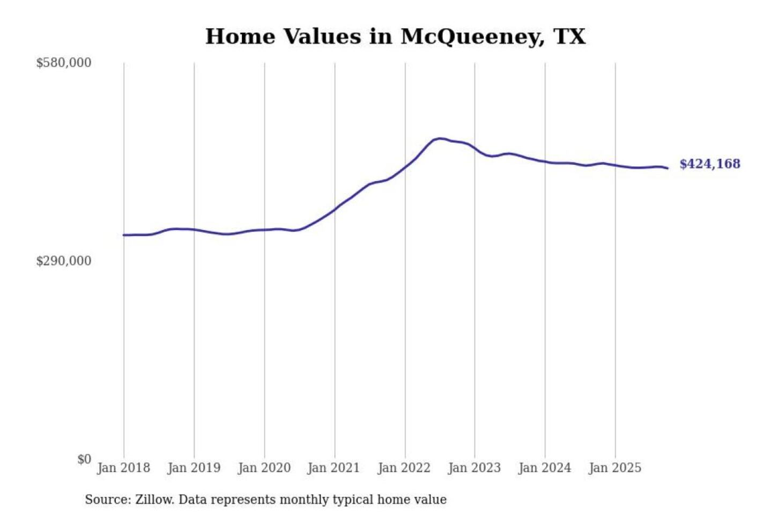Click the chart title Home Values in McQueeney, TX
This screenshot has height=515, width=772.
tap(395, 36)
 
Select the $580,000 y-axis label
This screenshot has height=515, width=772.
tap(64, 63)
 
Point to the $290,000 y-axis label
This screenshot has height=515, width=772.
tap(64, 261)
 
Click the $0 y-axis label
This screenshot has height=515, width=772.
tap(84, 459)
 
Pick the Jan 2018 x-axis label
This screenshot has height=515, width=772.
tap(124, 468)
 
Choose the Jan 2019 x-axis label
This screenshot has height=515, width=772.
tap(194, 468)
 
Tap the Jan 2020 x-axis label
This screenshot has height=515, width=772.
tap(264, 468)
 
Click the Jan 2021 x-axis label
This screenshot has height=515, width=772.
tap(334, 468)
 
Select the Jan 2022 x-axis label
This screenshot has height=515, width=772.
tap(404, 468)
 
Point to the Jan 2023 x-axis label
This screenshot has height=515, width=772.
tap(474, 468)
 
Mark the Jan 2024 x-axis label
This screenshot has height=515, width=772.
tap(545, 468)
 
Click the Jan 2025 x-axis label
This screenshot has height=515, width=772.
tap(615, 468)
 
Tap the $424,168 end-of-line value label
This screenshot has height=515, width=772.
tap(710, 164)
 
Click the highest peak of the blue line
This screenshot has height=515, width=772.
tap(440, 138)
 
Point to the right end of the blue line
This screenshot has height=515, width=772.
tap(667, 168)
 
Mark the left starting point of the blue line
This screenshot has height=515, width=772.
tap(124, 235)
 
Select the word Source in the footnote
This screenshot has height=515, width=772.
tap(107, 499)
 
